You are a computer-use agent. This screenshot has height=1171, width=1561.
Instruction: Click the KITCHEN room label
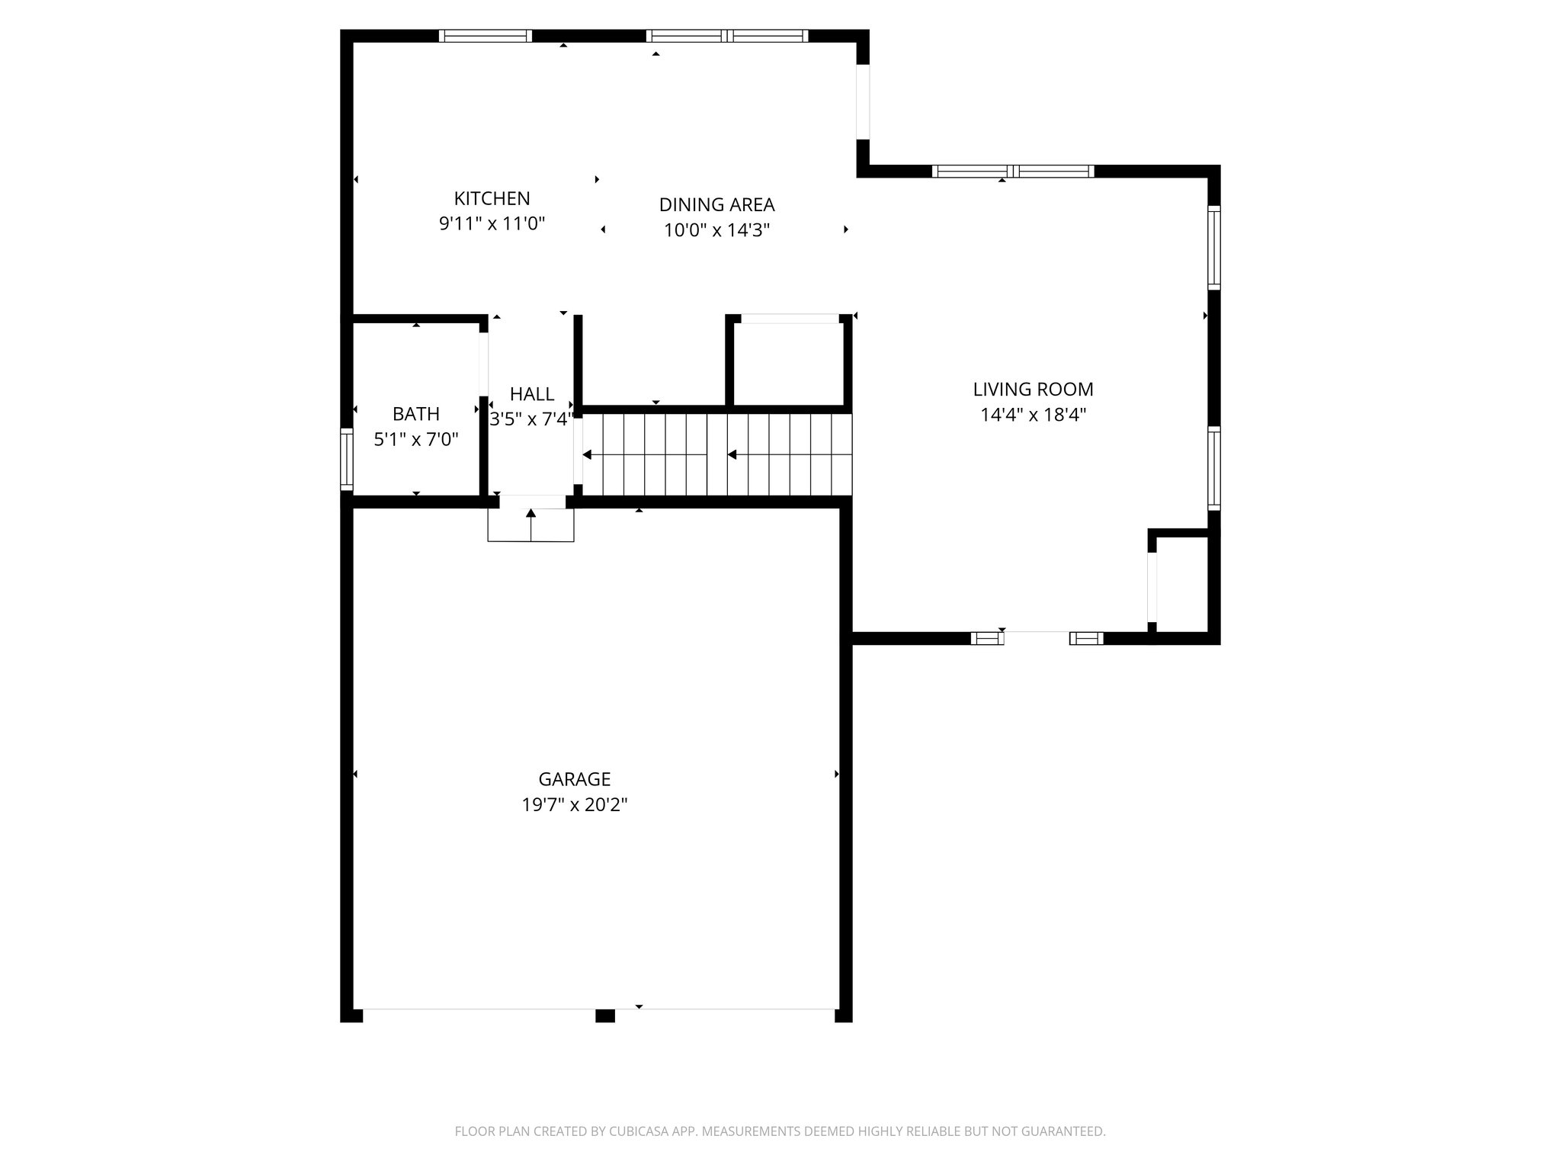coord(492,198)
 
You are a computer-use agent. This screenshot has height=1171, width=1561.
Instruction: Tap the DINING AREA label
coord(716,204)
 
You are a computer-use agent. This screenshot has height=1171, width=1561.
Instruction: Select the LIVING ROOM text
coord(1033,389)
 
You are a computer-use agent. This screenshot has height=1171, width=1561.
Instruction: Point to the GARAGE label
coord(574,779)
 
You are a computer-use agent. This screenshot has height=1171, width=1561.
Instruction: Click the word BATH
coord(415,414)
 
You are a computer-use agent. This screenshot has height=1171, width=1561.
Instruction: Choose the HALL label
coord(531,394)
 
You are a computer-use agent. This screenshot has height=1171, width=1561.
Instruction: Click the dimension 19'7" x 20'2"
coord(574,805)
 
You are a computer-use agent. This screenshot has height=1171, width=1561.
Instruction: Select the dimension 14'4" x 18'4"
coord(1033,415)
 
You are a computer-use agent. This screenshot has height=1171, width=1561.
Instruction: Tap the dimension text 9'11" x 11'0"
coord(492,224)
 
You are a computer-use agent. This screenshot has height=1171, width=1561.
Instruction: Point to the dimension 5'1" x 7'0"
coord(415,440)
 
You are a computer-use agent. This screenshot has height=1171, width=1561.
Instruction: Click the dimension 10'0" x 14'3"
coord(716,230)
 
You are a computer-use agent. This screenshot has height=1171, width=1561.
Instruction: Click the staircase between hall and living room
coord(716,454)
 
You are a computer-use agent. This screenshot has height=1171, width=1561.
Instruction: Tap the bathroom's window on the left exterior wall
coord(347,459)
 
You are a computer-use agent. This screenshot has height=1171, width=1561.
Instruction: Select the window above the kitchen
coord(486,36)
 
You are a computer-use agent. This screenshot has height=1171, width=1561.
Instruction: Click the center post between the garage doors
coord(604,1015)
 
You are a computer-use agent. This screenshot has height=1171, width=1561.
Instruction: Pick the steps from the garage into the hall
coord(530,525)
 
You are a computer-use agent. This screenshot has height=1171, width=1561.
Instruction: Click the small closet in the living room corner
coord(1183,584)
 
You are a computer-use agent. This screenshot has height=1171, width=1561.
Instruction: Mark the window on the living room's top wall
coord(1013,172)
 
